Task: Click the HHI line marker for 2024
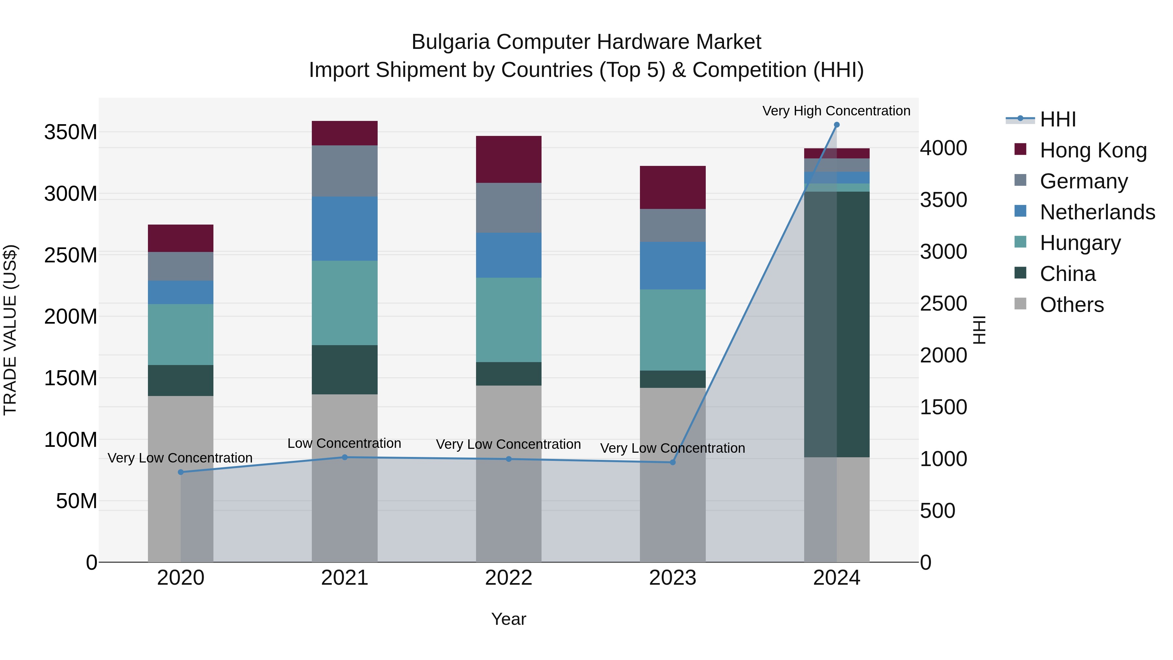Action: (836, 125)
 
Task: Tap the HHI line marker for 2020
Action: (181, 472)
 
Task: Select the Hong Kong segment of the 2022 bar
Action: (509, 159)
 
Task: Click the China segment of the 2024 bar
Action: (836, 324)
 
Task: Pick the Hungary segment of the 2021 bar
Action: (345, 302)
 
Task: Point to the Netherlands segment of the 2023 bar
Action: (673, 266)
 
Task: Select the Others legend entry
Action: (1071, 305)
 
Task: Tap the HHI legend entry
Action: (1058, 119)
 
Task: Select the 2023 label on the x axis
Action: (673, 578)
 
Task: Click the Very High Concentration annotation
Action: (836, 111)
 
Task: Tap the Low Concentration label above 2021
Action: (344, 443)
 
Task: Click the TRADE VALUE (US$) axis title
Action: (10, 330)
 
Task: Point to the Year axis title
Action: (509, 619)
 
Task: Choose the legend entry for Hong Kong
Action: (1093, 150)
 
